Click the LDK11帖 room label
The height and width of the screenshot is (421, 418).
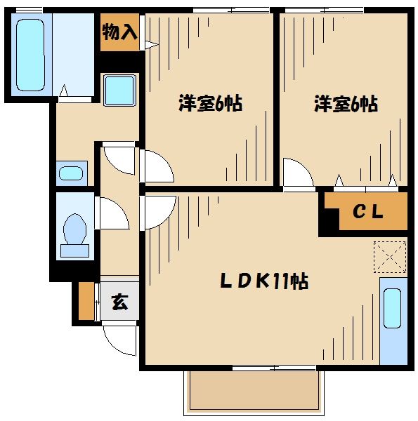pos(263,281)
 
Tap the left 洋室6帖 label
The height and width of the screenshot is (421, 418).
pos(209,105)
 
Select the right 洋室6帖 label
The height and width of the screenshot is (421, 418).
pos(345,105)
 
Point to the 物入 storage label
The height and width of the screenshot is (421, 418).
pos(119,32)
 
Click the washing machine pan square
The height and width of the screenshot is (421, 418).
pos(119,91)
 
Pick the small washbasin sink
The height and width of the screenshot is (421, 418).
pos(70,173)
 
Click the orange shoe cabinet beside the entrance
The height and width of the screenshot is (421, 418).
pos(86,300)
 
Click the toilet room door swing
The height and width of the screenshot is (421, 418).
pos(112,213)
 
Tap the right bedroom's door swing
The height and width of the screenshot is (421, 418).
pos(298,172)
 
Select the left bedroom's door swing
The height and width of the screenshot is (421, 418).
pos(156,167)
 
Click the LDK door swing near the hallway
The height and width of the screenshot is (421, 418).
pos(158,211)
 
